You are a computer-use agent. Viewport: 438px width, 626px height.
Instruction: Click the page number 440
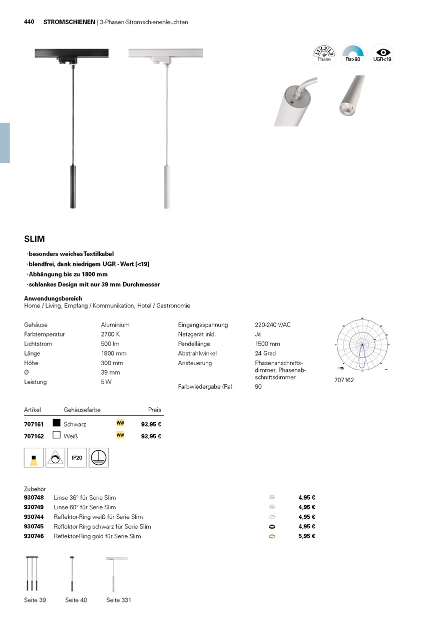tap(29, 22)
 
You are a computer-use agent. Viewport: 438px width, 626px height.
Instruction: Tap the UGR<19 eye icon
tap(382, 56)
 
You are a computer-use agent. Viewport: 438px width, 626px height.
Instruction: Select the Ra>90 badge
tap(353, 56)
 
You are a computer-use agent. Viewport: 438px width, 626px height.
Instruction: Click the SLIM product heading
tap(35, 239)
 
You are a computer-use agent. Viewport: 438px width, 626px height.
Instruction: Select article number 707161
tap(34, 424)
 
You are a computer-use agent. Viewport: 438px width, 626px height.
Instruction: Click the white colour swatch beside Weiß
tap(57, 435)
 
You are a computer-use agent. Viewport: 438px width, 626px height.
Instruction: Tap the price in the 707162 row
tap(151, 436)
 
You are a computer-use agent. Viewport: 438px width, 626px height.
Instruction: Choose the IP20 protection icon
tap(77, 458)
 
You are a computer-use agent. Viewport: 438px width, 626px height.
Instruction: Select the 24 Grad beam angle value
tap(265, 353)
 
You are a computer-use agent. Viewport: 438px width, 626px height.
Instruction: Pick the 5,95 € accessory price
tap(306, 536)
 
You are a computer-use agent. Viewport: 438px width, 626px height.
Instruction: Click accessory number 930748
tap(34, 498)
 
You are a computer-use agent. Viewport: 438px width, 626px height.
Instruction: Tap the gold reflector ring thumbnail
tap(272, 536)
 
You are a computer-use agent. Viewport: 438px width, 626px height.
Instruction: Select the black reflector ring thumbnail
tap(272, 527)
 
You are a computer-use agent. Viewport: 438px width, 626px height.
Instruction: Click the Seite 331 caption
tap(119, 600)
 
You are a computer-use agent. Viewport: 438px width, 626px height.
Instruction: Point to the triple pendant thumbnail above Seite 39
tap(32, 574)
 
